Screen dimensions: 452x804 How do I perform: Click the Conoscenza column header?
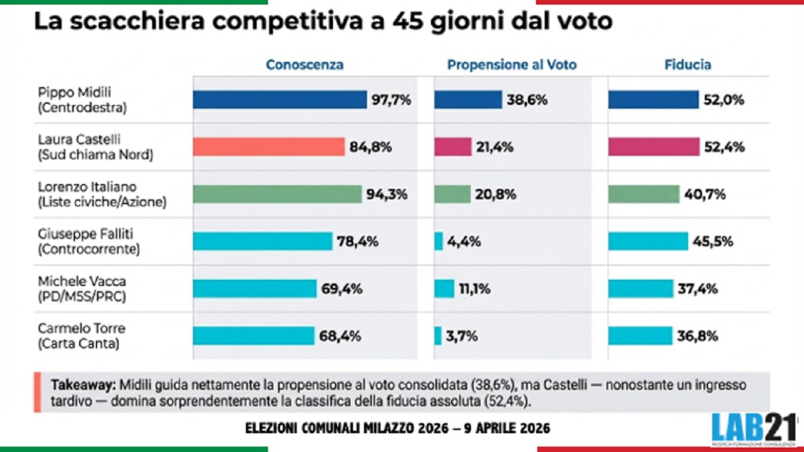[305, 65]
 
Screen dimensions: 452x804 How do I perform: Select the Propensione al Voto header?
[512, 65]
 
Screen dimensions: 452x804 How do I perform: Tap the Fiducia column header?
[687, 65]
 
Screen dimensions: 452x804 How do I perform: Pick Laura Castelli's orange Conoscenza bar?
[269, 147]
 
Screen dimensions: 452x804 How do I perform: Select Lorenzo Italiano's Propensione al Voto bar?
[452, 194]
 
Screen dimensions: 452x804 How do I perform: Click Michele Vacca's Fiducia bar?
[641, 289]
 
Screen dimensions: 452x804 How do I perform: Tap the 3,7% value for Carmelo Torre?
[462, 335]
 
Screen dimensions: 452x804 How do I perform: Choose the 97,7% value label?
[391, 100]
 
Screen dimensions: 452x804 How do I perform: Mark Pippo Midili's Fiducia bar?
[653, 100]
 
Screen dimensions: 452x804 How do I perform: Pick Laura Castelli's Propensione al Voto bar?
[453, 147]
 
